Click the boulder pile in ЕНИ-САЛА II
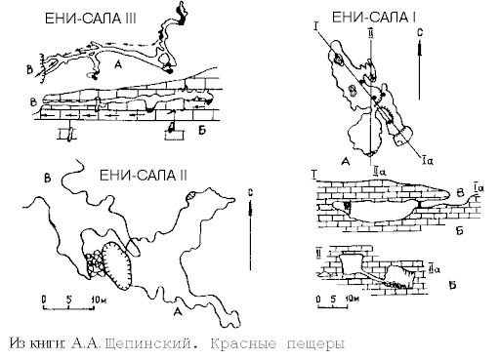click(95, 262)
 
